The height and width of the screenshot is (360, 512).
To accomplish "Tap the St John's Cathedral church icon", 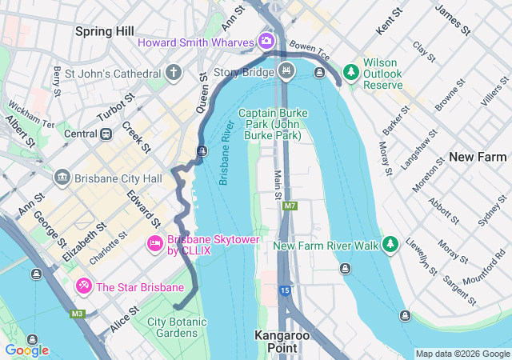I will (x=174, y=74).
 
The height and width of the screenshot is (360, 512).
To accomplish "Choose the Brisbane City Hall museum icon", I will (x=62, y=177).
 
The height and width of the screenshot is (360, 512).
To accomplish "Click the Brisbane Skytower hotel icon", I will (x=155, y=242).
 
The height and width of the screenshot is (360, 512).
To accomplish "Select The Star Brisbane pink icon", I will (x=83, y=286).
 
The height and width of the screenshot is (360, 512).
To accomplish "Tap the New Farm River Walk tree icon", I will (x=390, y=244).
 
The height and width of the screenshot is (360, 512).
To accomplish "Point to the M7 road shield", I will (x=289, y=206).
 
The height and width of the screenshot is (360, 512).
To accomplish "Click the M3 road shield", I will (x=77, y=314).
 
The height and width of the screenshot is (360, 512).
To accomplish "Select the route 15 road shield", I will (x=285, y=290).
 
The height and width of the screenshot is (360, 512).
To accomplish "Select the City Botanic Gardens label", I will (x=177, y=327).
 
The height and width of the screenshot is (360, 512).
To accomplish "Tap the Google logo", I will (x=26, y=350).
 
